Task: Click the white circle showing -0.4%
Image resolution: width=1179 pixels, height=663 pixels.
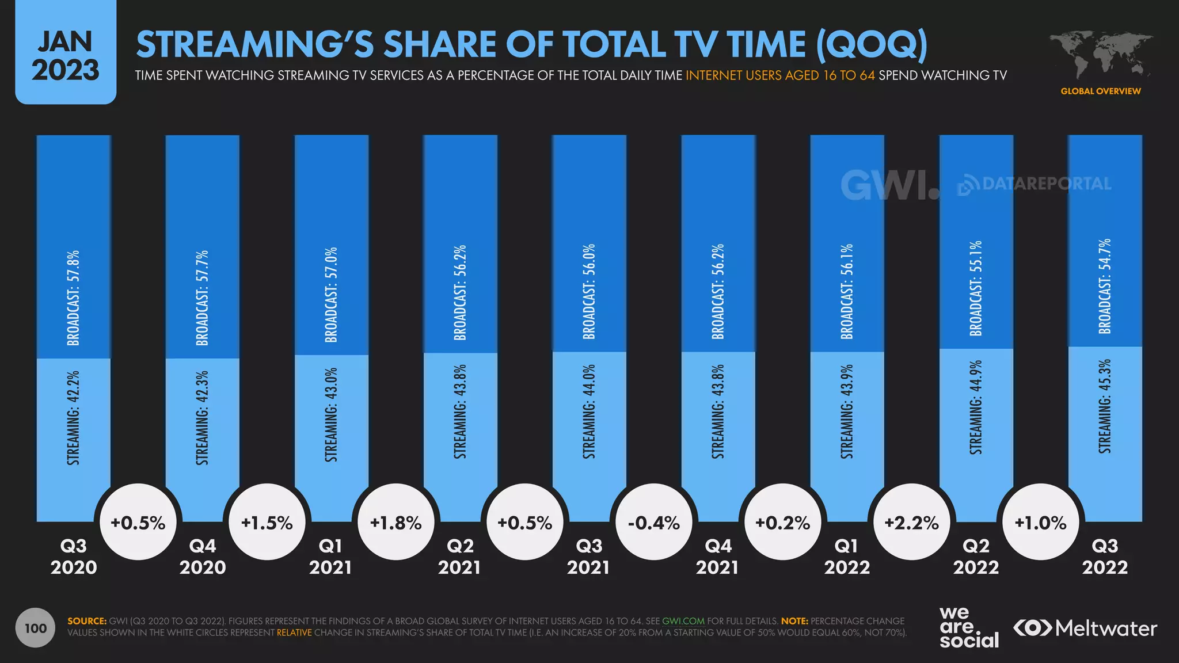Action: [654, 522]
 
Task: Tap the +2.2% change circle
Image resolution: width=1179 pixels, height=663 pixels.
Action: [912, 522]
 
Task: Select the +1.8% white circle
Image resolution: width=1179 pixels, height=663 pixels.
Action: [396, 522]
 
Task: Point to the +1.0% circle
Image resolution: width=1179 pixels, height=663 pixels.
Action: [1041, 522]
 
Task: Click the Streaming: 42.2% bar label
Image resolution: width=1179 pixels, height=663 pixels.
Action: [73, 418]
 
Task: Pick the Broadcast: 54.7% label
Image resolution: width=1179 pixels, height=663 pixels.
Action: [1104, 286]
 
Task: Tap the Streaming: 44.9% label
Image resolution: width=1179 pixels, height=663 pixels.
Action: [976, 407]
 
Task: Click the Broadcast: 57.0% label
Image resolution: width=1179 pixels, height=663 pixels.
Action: [331, 295]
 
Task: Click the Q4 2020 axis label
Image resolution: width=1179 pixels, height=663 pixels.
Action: [203, 557]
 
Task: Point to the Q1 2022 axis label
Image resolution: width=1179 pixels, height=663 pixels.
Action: [847, 557]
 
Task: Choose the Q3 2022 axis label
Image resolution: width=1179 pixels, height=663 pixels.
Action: [1105, 557]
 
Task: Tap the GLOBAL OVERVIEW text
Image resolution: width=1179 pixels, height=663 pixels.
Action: [1101, 91]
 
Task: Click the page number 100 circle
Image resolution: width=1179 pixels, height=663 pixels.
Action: [36, 628]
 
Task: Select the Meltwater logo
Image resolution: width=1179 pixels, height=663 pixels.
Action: [1085, 628]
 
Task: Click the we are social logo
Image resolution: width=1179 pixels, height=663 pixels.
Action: [969, 627]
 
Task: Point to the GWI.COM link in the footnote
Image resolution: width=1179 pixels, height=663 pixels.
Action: [683, 621]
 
